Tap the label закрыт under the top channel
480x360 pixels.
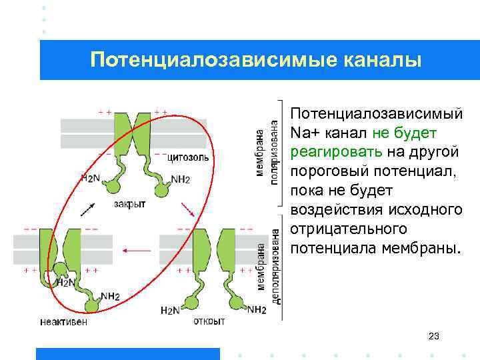pyautogui.click(x=129, y=205)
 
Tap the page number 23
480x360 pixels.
pyautogui.click(x=433, y=336)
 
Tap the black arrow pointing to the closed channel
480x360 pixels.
pyautogui.click(x=87, y=209)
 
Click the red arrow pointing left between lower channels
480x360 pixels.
pyautogui.click(x=137, y=251)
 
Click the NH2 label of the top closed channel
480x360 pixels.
pyautogui.click(x=180, y=179)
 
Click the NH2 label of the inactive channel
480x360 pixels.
pyautogui.click(x=110, y=296)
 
